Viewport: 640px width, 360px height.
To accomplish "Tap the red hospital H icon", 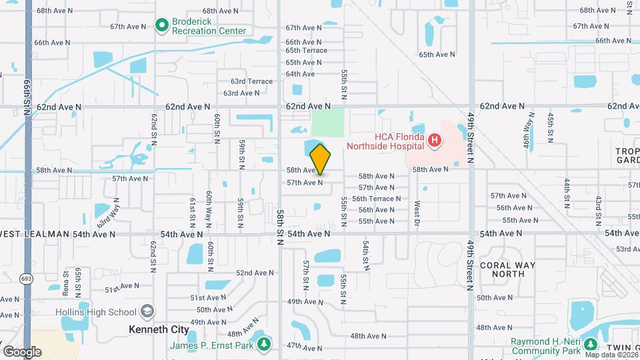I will click(x=434, y=140).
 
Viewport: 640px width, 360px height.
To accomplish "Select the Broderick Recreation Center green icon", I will click(x=161, y=26).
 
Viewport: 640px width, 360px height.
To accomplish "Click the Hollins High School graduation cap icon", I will click(x=146, y=312).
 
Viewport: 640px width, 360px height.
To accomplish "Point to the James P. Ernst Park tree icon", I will click(x=265, y=344).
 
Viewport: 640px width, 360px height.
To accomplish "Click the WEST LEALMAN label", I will click(x=34, y=234).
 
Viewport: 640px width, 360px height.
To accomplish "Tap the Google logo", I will click(x=22, y=351).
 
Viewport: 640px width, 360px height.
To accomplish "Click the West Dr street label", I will click(x=417, y=212).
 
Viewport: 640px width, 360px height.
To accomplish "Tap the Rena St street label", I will click(x=67, y=283).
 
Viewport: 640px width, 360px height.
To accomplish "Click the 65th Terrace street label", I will click(x=307, y=51).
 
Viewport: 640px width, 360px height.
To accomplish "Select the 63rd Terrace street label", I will click(x=252, y=81).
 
